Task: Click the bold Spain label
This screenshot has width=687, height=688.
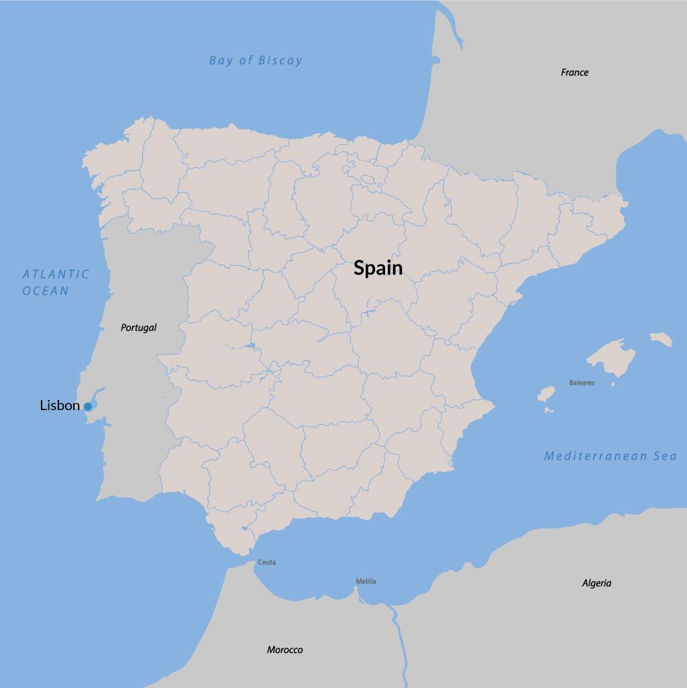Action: (378, 268)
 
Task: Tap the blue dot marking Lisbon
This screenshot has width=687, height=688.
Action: (88, 407)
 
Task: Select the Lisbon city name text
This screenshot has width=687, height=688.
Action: (60, 405)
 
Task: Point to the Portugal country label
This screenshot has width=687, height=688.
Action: (138, 328)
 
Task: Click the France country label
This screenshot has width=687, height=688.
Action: (574, 72)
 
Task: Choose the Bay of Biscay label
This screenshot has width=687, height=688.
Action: (256, 60)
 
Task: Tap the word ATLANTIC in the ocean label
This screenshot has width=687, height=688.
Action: (56, 274)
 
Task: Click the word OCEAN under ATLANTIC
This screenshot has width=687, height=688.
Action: (46, 291)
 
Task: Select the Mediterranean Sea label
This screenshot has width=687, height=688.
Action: (610, 456)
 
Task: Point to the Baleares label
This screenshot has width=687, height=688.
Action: (582, 383)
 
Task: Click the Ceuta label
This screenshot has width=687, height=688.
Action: (266, 562)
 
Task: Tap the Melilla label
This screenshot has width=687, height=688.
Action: (366, 581)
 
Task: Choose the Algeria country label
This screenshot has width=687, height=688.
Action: (596, 583)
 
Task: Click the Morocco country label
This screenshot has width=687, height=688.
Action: (284, 650)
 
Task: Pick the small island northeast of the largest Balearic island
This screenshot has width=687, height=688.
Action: (661, 339)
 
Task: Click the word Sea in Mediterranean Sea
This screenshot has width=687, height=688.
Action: (664, 456)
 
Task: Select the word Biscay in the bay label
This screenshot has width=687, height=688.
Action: (281, 60)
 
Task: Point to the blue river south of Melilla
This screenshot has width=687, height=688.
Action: (400, 638)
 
